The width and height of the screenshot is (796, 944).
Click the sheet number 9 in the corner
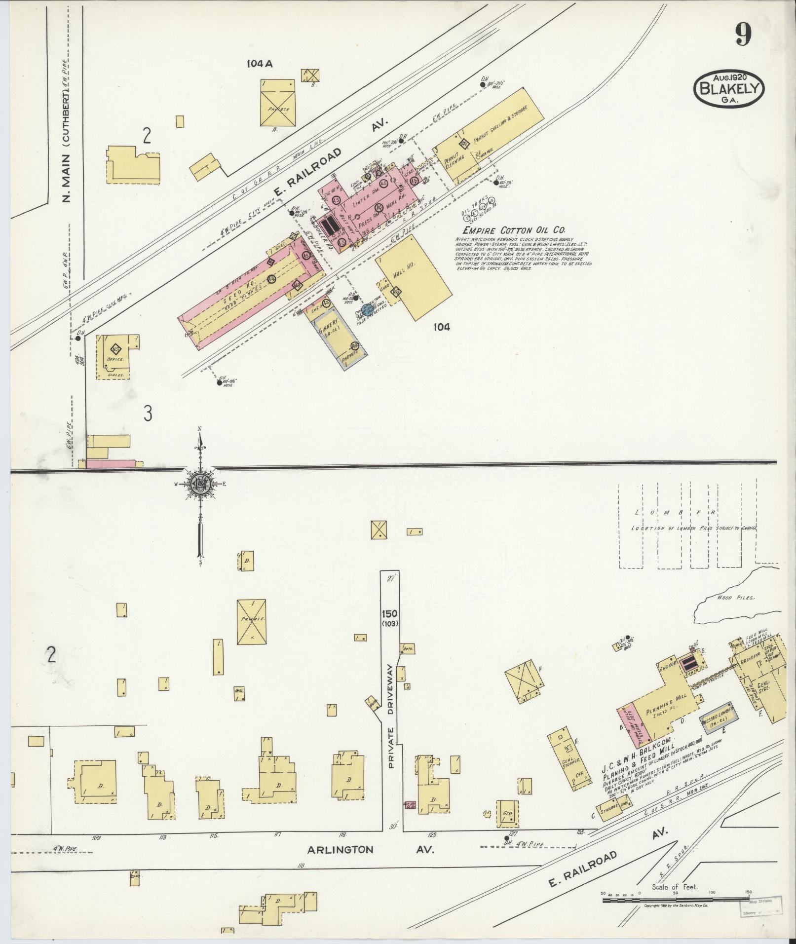pos(744,35)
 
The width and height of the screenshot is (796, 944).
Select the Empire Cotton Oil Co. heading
pos(513,230)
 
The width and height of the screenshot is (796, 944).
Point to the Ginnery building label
pos(328,326)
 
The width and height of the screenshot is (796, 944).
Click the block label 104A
pos(261,63)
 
